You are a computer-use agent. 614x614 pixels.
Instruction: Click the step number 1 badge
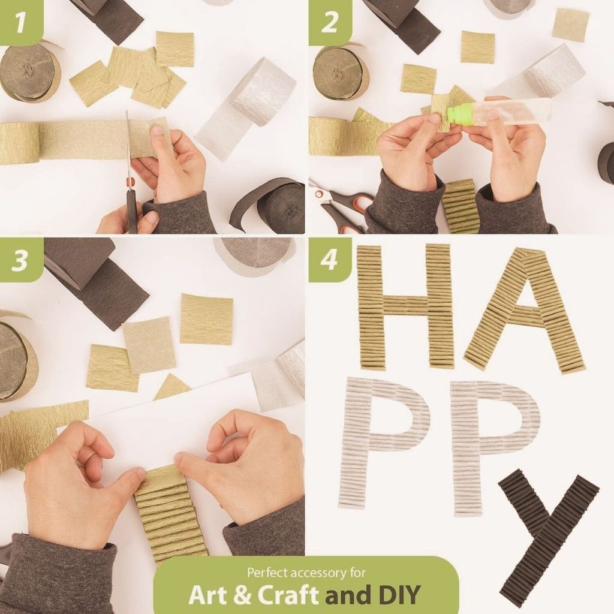pyautogui.click(x=20, y=22)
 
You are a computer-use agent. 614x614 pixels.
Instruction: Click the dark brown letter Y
pyautogui.click(x=548, y=532)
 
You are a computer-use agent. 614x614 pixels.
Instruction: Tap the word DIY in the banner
pyautogui.click(x=400, y=595)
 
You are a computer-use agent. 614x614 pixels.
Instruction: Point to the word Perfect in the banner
pyautogui.click(x=267, y=573)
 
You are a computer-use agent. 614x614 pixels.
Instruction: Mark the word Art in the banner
pyautogui.click(x=207, y=595)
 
